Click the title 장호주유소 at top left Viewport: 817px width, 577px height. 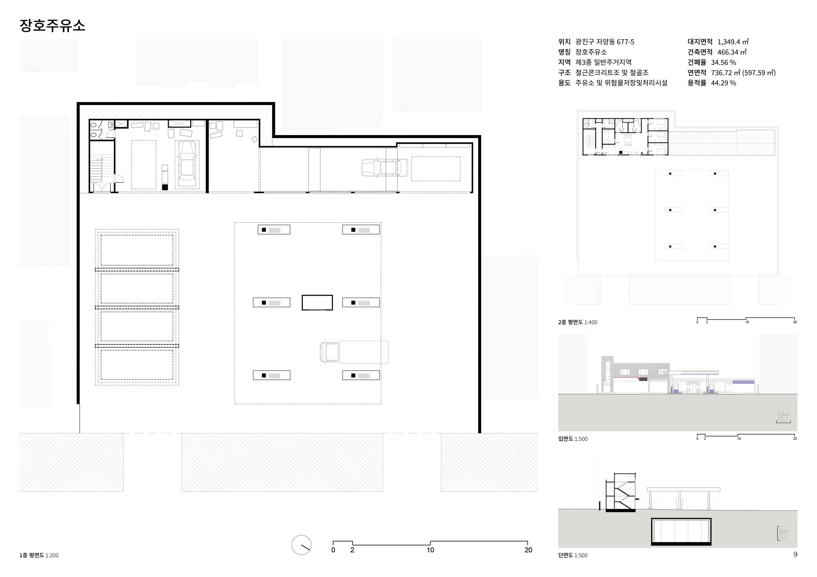tap(52, 25)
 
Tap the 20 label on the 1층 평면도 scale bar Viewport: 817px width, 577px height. tap(528, 550)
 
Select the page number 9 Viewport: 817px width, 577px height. tap(795, 554)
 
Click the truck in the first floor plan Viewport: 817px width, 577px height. tap(354, 352)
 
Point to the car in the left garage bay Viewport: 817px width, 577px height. tap(187, 164)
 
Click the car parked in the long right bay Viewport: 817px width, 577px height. tap(384, 168)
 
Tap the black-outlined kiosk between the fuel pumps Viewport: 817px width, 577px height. tap(317, 302)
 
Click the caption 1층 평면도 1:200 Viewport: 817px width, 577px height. tap(39, 555)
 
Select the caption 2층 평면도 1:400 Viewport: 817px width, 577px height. tap(578, 322)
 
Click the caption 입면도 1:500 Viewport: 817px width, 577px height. tap(573, 439)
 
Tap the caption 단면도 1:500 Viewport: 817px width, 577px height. tap(573, 555)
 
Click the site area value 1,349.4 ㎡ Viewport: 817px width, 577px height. tap(733, 42)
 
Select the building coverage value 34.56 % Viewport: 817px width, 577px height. tap(723, 62)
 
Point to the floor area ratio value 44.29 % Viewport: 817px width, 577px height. tap(723, 83)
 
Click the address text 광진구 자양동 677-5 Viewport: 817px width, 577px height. tap(605, 42)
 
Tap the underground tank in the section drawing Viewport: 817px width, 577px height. tap(681, 532)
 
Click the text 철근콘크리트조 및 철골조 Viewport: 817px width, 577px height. tap(612, 73)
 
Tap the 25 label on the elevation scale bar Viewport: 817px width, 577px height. tap(795, 439)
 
